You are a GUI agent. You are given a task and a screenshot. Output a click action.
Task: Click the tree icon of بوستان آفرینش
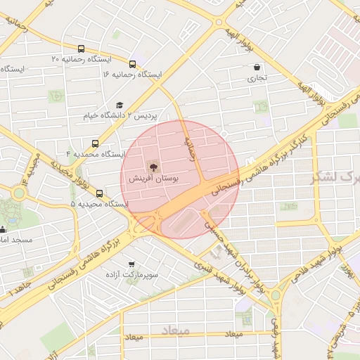pos(153,167)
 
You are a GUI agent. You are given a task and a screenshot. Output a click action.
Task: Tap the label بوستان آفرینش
pos(153,181)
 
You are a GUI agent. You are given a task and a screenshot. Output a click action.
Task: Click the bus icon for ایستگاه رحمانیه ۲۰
pos(81,49)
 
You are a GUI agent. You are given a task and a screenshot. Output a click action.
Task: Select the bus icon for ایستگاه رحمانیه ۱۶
pos(133,63)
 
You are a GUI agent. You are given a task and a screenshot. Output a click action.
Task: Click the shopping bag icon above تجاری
pos(256,67)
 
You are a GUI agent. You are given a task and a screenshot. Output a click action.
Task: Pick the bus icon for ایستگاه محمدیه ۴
pos(96,143)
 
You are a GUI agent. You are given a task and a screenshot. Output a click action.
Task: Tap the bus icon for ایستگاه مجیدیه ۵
pos(98,193)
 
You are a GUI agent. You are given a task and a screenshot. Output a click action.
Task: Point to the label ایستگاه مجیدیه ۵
pos(99,203)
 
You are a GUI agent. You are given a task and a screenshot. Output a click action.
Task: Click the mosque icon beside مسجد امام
pos(2,229)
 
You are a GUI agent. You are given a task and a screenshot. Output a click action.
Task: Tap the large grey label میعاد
pos(175,330)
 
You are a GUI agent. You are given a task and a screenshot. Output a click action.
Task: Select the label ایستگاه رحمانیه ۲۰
pos(56,60)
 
